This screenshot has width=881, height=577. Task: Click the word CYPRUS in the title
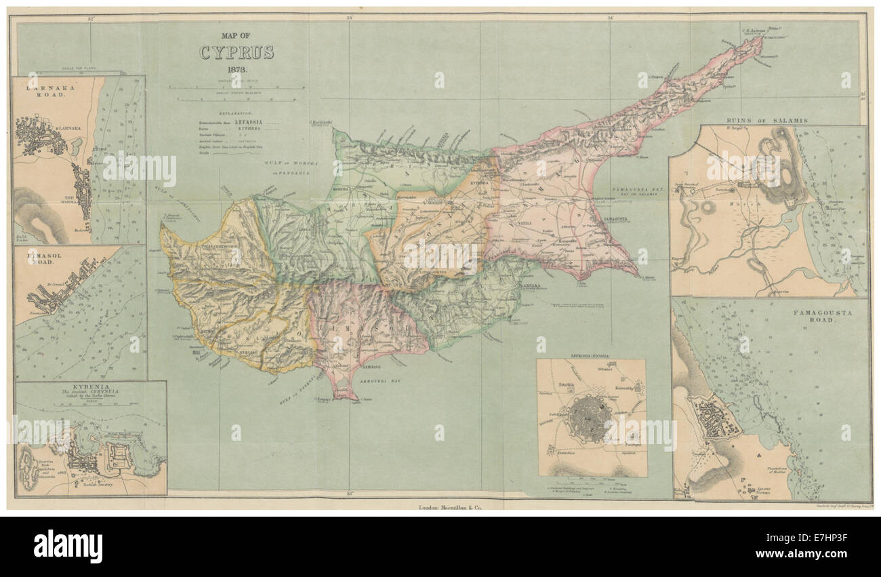[236, 53]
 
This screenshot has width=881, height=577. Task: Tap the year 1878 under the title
[237, 71]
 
